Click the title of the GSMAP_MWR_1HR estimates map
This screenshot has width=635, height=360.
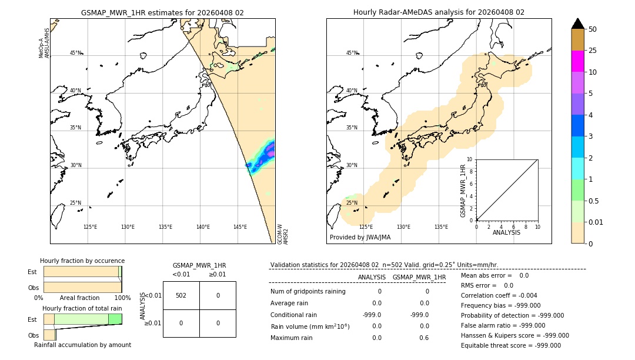click(x=162, y=12)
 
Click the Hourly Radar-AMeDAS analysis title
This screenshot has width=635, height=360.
click(x=439, y=12)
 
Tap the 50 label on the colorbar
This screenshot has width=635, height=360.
click(x=593, y=29)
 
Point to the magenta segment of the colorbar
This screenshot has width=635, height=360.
click(x=578, y=61)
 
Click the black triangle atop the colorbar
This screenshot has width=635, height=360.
click(x=578, y=24)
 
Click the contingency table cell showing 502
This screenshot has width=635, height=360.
click(x=181, y=295)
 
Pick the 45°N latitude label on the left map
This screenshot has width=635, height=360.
click(x=76, y=53)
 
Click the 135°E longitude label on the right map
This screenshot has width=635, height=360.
click(x=441, y=227)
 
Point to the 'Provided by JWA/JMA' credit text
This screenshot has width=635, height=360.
click(x=360, y=238)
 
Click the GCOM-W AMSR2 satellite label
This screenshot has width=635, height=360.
click(x=283, y=234)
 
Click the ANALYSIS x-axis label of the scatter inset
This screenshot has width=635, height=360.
click(x=506, y=232)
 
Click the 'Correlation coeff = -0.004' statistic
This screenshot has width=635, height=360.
click(x=499, y=295)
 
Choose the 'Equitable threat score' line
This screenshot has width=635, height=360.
click(x=510, y=345)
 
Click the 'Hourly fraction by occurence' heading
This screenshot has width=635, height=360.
click(x=82, y=261)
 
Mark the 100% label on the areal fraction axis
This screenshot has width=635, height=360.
click(x=122, y=298)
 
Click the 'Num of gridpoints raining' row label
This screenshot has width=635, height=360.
click(x=308, y=291)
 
